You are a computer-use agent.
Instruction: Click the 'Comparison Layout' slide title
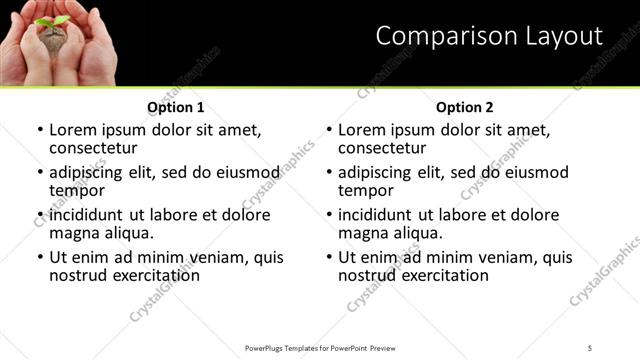(489, 37)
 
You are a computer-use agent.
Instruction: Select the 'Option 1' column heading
(176, 107)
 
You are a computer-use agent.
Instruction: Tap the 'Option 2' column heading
(465, 107)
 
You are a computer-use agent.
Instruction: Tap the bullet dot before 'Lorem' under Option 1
(41, 131)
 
